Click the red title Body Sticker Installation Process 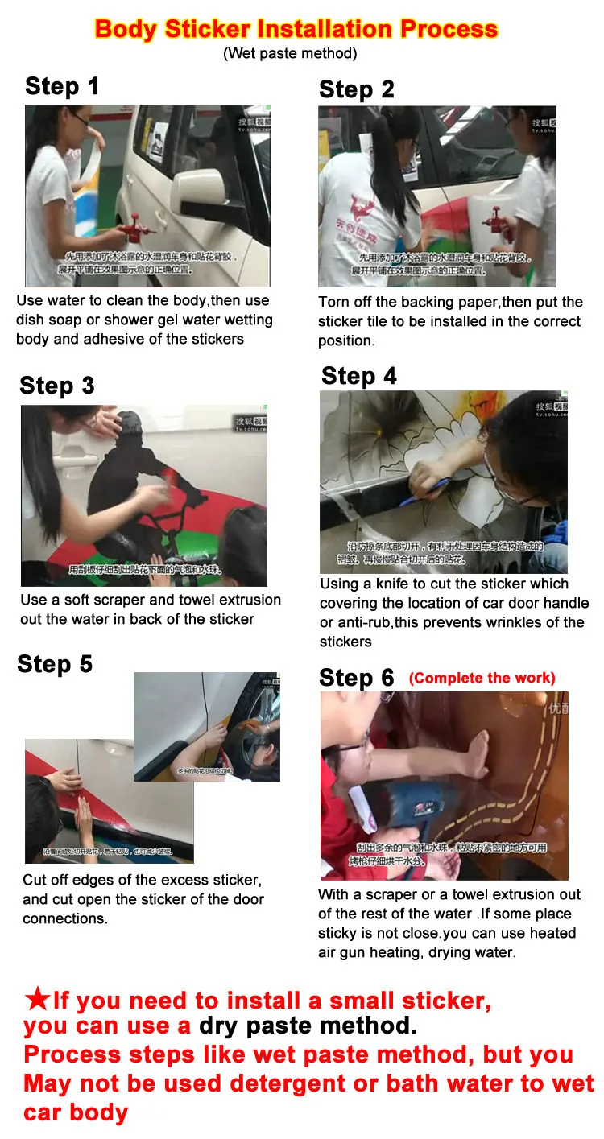[296, 29]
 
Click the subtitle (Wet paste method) [290, 54]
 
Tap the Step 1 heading [62, 86]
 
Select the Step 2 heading [357, 89]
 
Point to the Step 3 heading [57, 386]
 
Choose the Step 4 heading [359, 376]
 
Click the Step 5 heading [55, 664]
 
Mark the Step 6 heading [357, 678]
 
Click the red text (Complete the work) [482, 678]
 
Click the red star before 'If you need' [37, 1000]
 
